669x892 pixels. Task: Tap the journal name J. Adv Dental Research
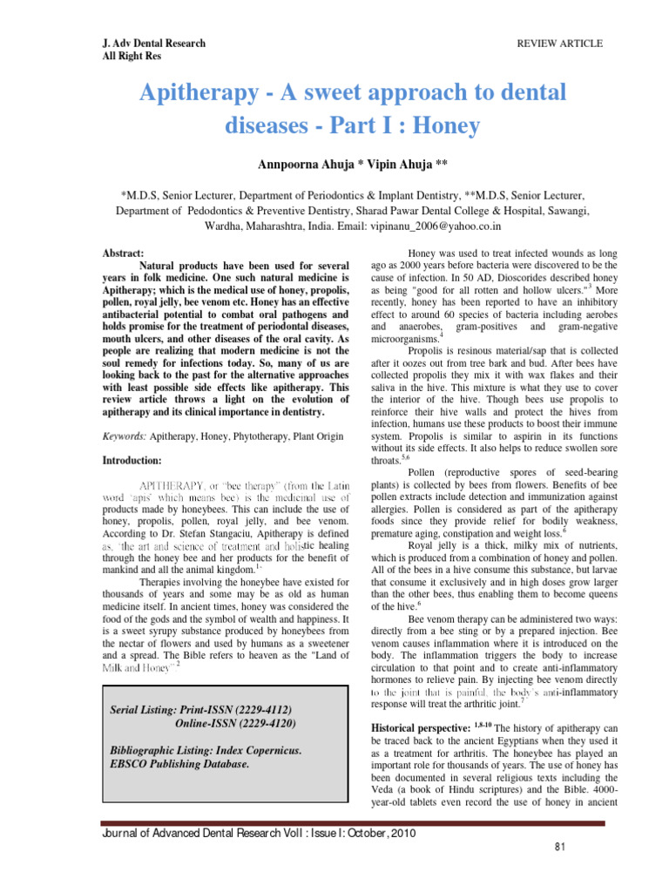click(152, 43)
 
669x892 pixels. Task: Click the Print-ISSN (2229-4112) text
click(232, 710)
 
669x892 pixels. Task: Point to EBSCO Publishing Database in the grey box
click(175, 765)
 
